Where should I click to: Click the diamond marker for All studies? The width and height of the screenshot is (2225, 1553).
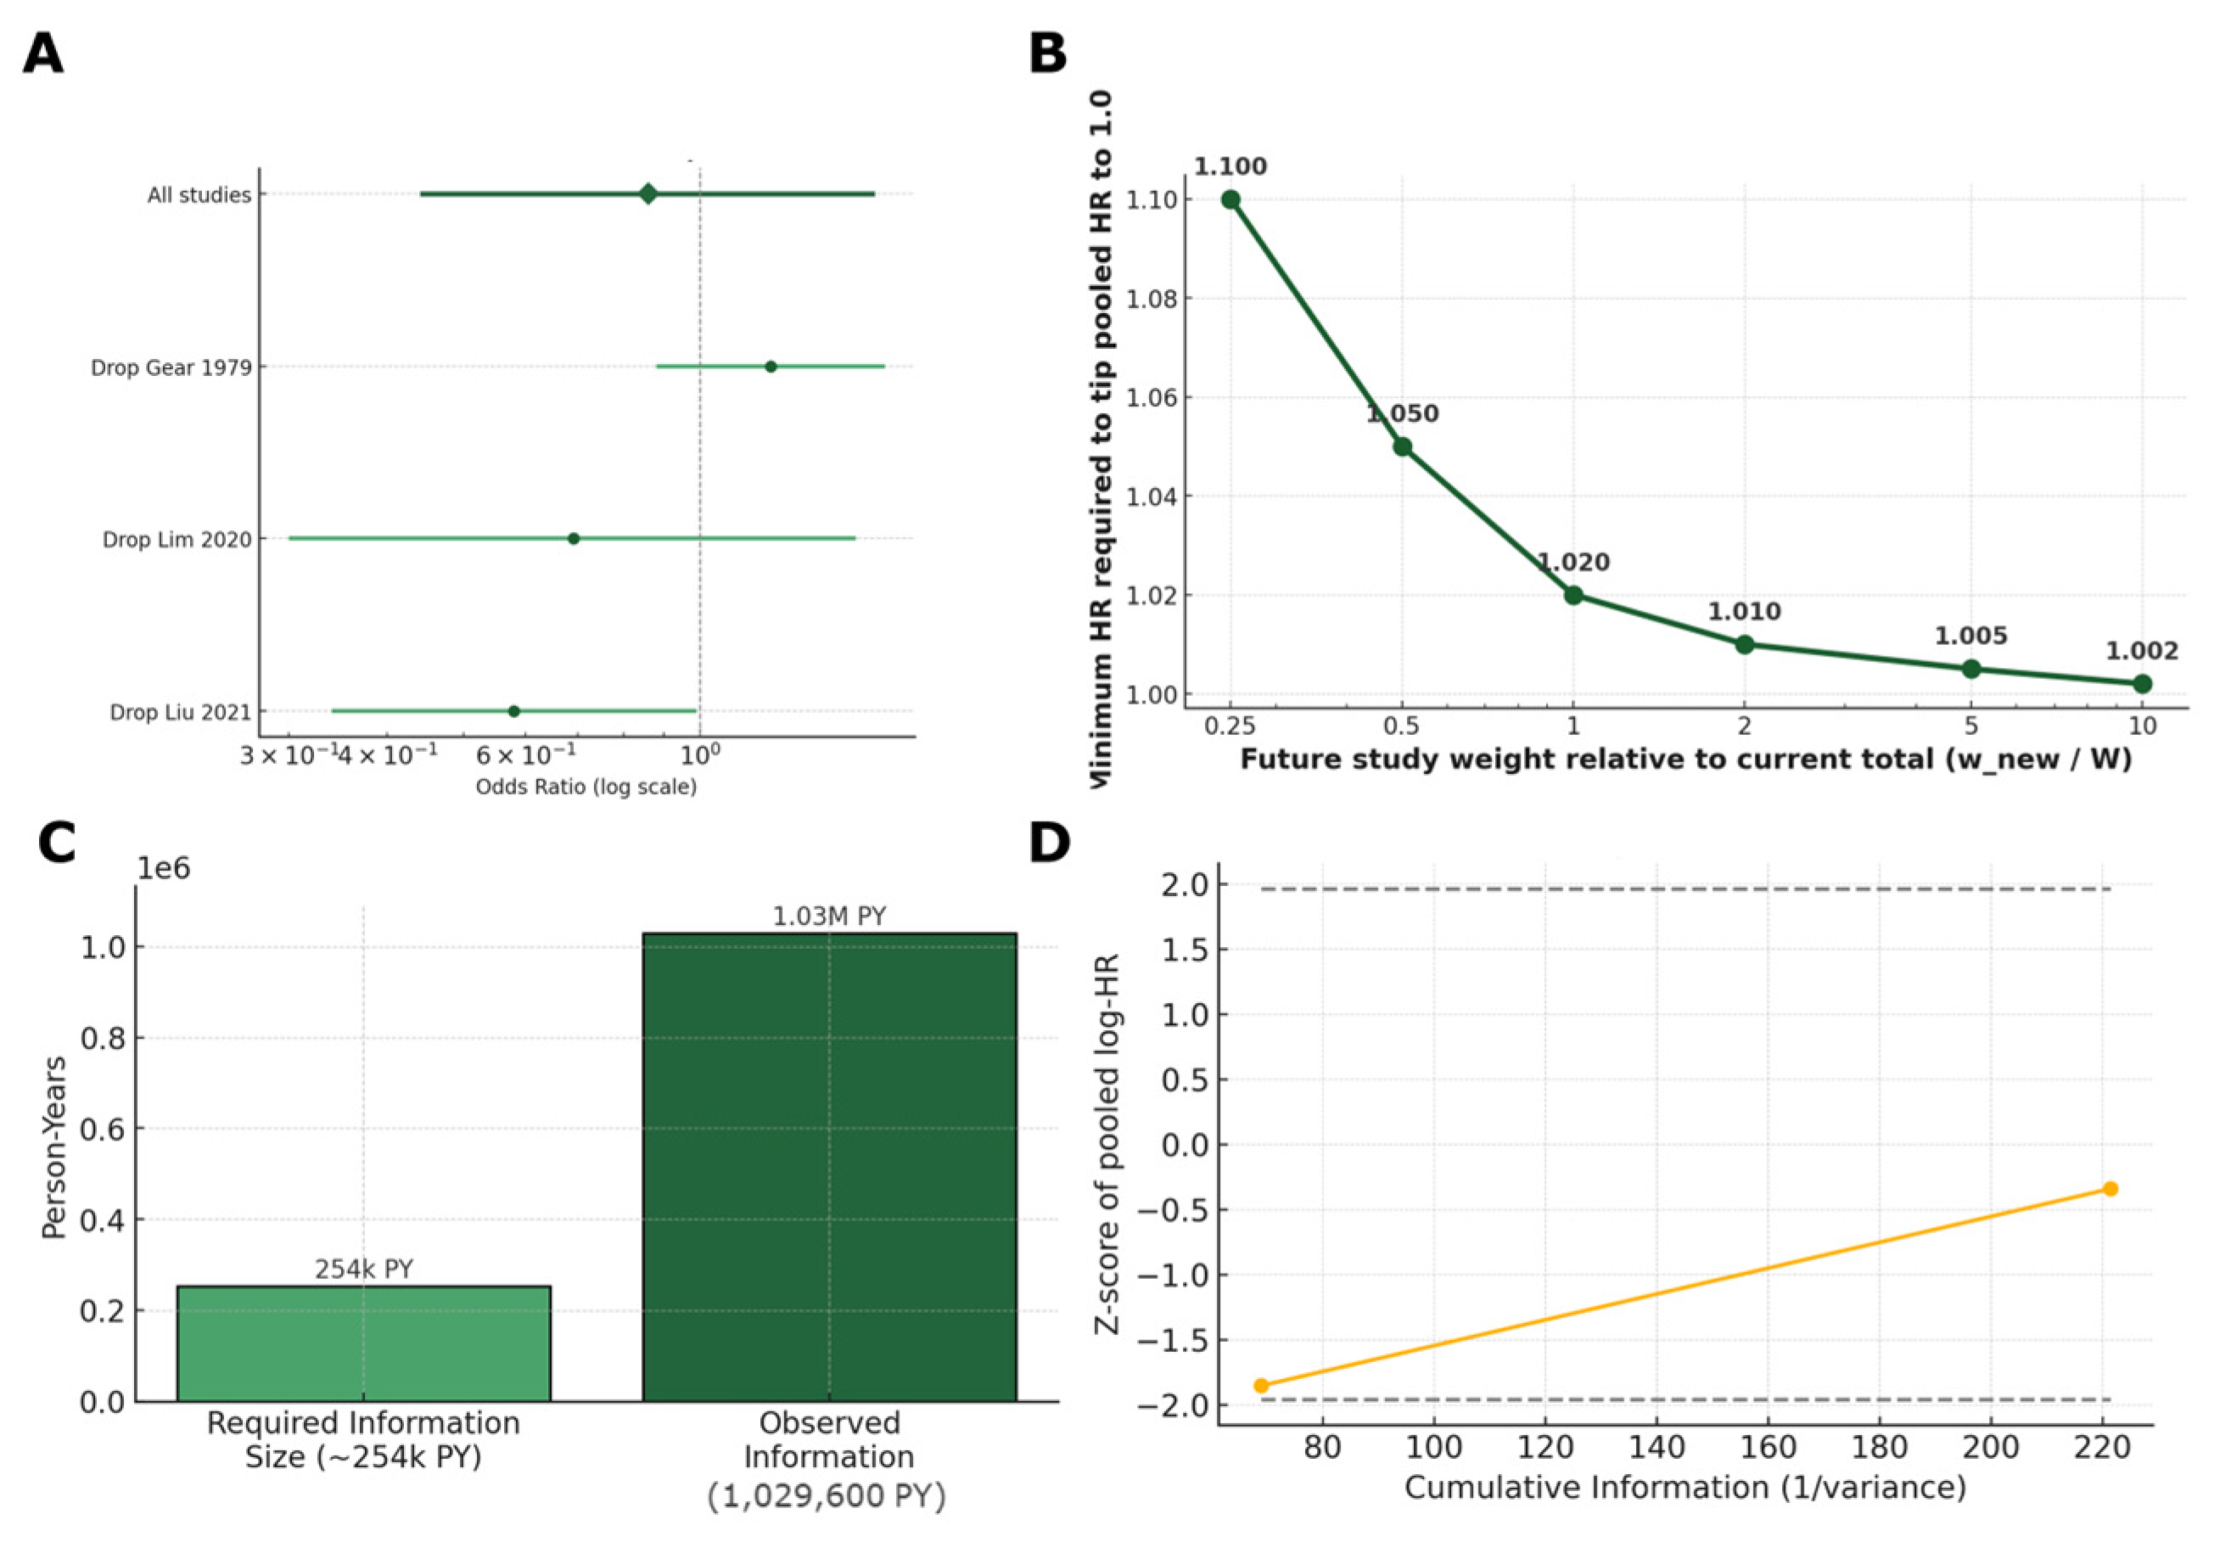[x=648, y=193]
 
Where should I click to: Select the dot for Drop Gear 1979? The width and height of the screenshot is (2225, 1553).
[x=771, y=367]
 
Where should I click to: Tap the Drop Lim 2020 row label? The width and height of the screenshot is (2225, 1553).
[x=177, y=540]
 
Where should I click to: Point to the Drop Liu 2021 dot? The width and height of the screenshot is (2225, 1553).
[x=513, y=711]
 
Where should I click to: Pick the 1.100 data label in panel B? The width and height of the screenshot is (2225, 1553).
[x=1230, y=166]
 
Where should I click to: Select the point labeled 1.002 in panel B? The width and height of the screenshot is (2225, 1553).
[x=2142, y=683]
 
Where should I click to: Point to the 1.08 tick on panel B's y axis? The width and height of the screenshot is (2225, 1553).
[x=1152, y=299]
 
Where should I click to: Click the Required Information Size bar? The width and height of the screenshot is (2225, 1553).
[x=363, y=1343]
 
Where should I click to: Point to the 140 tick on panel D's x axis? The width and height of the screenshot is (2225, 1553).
[x=1656, y=1447]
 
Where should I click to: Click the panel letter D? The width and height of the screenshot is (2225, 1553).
[x=1050, y=844]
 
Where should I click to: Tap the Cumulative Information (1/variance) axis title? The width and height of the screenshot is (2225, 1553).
[x=1685, y=1487]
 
